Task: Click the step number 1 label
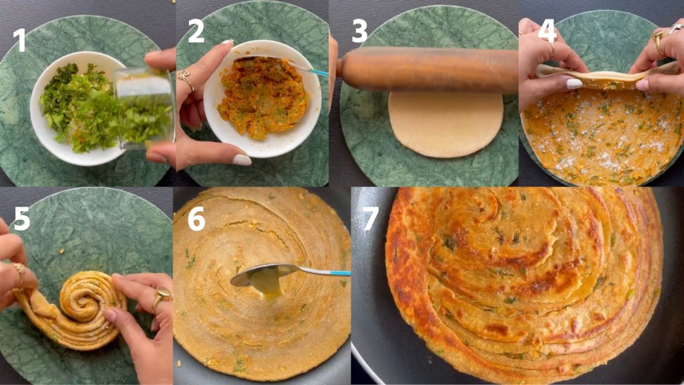click(x=19, y=39)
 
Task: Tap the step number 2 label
click(x=196, y=31)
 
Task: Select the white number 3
click(x=360, y=31)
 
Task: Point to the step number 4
click(x=546, y=31)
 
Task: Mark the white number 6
click(x=196, y=219)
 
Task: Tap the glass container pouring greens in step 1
click(x=143, y=107)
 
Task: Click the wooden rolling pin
click(x=427, y=69)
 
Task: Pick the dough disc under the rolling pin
click(x=446, y=124)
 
